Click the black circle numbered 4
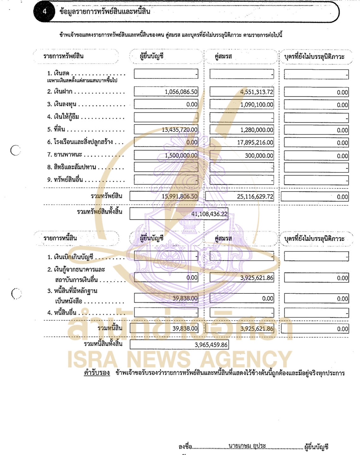[45, 12]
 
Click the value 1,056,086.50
[181, 92]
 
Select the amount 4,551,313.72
[257, 92]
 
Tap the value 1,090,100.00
[257, 105]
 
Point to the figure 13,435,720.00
[180, 130]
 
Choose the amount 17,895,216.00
[255, 143]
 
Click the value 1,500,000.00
[181, 155]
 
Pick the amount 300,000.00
[259, 156]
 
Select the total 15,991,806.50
[180, 196]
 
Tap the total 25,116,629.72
[255, 197]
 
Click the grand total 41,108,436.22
[209, 214]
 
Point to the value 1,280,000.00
[257, 130]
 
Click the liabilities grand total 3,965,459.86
[211, 345]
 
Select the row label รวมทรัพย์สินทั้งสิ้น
[100, 212]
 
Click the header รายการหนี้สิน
[60, 238]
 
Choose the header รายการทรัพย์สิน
[64, 56]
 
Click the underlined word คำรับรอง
[97, 373]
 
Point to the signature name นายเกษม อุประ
[247, 446]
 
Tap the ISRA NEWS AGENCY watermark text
[180, 360]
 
